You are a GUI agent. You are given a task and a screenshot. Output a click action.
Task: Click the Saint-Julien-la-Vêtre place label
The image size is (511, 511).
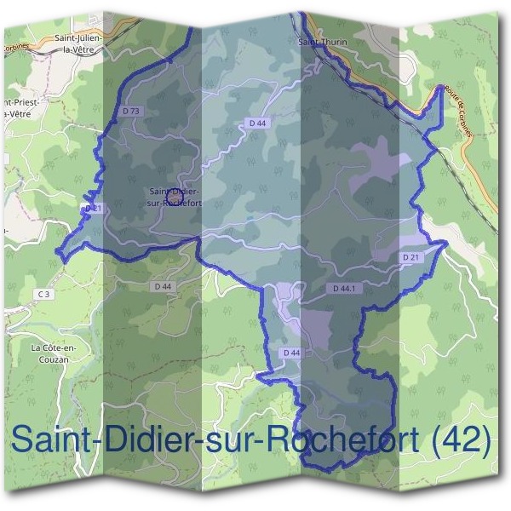(78, 43)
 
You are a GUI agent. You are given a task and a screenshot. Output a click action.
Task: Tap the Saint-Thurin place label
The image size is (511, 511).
(319, 40)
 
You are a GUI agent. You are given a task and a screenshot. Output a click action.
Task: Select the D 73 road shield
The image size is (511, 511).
(130, 111)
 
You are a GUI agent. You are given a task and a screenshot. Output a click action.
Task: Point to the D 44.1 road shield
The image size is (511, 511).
(344, 290)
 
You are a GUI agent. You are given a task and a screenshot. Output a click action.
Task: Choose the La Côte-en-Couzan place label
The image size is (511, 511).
(53, 353)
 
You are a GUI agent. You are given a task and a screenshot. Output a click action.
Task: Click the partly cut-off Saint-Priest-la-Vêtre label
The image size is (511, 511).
(19, 107)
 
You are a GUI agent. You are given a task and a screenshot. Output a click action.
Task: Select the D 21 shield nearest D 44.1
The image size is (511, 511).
(411, 257)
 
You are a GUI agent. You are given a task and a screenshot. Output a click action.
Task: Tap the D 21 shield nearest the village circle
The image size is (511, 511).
(93, 208)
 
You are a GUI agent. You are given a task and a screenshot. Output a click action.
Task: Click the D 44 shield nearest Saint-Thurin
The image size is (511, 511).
(258, 123)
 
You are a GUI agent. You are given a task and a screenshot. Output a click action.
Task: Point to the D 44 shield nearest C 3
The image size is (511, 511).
(163, 286)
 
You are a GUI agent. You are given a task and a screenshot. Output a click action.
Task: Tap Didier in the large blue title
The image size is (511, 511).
(148, 441)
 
